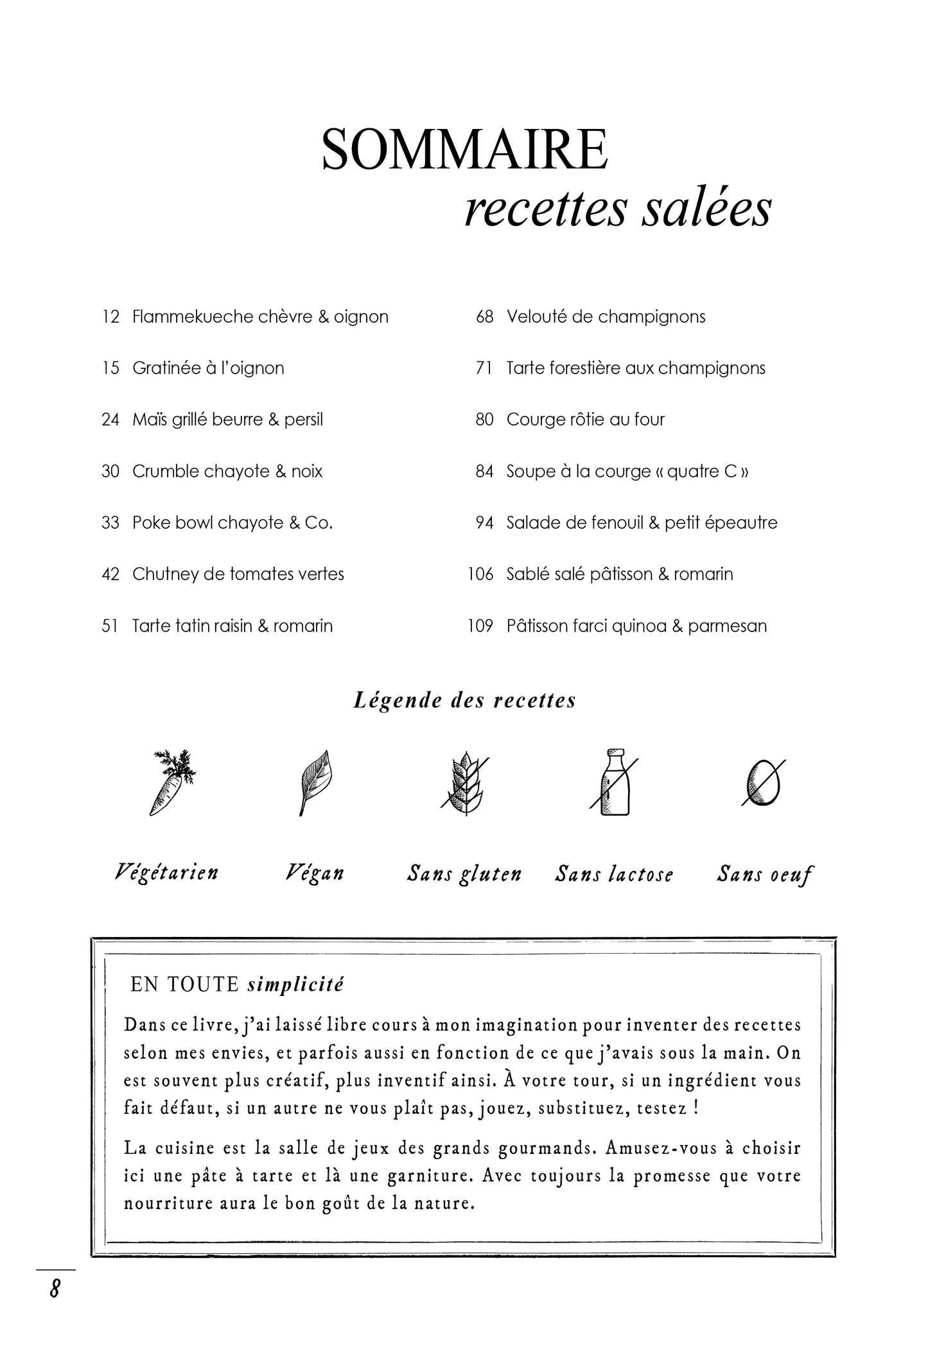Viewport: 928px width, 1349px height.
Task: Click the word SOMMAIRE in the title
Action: [x=464, y=150]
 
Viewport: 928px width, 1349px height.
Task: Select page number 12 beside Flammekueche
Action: [x=110, y=317]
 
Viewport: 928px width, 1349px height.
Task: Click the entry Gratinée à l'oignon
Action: [x=208, y=368]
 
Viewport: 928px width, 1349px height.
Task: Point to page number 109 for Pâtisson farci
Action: [x=480, y=626]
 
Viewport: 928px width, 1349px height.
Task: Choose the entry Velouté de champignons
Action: [x=606, y=317]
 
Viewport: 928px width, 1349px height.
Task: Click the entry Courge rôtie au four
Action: [x=585, y=420]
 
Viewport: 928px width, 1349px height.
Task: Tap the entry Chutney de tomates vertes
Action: [x=238, y=574]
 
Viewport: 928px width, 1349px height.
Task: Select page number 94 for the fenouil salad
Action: [x=484, y=523]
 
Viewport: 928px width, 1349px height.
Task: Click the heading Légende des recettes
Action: [x=464, y=700]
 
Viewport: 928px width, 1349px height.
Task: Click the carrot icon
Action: [x=171, y=782]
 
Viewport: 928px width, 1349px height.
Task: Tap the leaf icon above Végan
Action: [x=314, y=782]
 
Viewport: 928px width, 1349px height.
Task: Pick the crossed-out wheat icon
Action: [x=464, y=783]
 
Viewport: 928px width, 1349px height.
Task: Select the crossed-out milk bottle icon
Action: [x=614, y=782]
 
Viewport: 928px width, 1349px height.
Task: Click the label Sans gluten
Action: [x=464, y=874]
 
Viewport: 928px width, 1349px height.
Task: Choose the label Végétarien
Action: [x=167, y=873]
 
